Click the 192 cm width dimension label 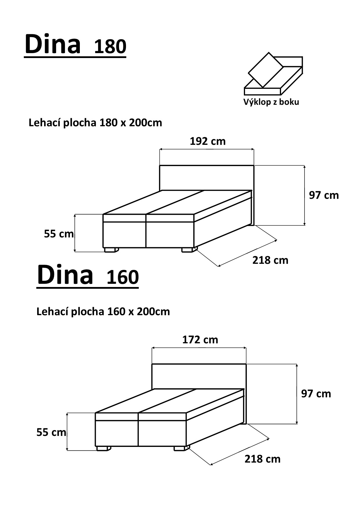(x=208, y=141)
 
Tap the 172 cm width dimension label (x=200, y=340)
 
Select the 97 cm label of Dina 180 (x=324, y=195)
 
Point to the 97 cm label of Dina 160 (x=316, y=394)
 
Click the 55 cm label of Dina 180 (x=59, y=234)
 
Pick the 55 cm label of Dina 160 (x=51, y=432)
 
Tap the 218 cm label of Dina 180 (x=270, y=260)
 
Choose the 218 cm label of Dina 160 (x=262, y=459)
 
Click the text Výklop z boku (x=271, y=102)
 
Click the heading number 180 (x=110, y=46)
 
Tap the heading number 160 (x=123, y=277)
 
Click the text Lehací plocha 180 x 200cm (x=95, y=123)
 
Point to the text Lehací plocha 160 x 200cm (x=103, y=312)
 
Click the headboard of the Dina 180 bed (x=207, y=178)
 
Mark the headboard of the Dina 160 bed (x=199, y=376)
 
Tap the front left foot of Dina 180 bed (x=111, y=250)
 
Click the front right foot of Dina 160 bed (x=181, y=448)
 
